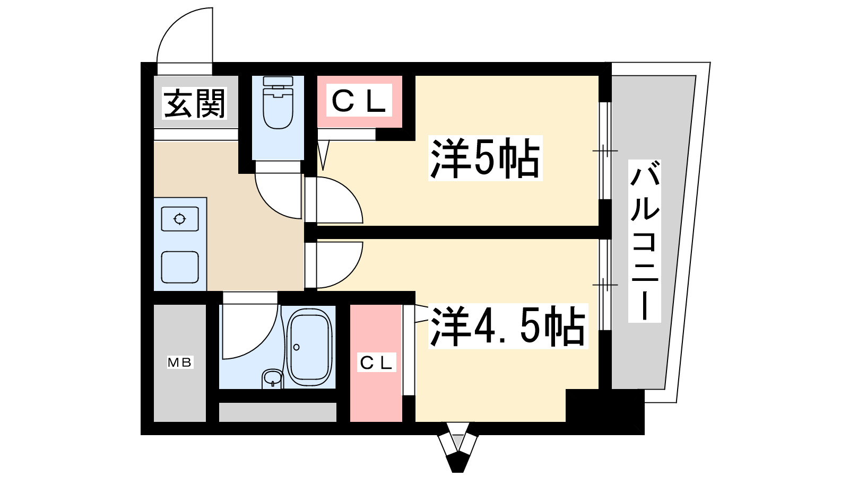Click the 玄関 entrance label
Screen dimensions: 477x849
195,103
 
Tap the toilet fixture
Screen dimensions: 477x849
278,103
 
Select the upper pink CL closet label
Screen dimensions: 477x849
359,101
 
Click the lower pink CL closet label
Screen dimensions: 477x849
376,363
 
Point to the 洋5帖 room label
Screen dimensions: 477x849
485,158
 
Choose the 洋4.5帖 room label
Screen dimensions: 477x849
507,326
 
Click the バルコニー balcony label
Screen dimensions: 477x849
644,241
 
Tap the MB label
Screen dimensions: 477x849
180,363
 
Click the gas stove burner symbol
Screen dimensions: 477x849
180,218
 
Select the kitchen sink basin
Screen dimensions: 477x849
180,267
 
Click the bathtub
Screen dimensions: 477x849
309,347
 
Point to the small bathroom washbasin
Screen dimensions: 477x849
273,378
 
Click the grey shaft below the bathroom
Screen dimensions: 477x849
278,412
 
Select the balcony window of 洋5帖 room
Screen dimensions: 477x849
605,151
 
